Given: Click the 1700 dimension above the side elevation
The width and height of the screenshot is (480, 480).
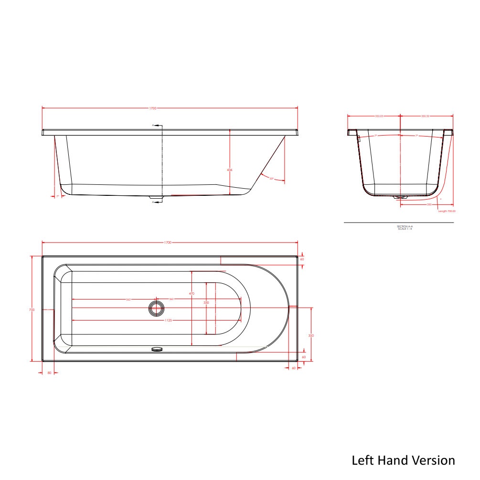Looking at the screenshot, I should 153,108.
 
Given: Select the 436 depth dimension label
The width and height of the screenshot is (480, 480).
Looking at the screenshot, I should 230,170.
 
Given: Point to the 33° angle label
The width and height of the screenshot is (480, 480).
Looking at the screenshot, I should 271,179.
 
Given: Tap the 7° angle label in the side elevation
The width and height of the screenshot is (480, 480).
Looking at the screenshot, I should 57,196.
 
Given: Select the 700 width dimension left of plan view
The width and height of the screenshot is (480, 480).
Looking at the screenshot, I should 32,309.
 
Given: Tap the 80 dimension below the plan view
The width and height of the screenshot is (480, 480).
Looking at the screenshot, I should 49,373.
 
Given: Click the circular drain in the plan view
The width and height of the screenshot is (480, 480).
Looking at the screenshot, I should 156,309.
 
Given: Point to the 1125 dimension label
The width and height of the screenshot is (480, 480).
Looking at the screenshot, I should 169,320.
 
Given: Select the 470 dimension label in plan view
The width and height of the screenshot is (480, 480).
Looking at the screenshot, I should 192,294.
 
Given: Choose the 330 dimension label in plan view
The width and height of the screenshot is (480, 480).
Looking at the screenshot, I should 206,303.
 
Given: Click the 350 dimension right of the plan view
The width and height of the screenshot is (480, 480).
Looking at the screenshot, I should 311,336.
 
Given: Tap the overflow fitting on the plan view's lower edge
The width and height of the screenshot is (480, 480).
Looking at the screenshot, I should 157,349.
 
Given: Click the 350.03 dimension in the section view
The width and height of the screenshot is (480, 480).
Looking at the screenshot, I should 379,116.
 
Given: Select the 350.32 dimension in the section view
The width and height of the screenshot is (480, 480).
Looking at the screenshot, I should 425,116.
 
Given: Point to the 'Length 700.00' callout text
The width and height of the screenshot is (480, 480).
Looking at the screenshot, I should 447,211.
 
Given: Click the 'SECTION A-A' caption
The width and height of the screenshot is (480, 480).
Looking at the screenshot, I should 405,226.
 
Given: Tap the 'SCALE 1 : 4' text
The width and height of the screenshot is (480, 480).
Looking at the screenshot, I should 405,229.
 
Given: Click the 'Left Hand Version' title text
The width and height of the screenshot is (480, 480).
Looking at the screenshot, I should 403,460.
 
